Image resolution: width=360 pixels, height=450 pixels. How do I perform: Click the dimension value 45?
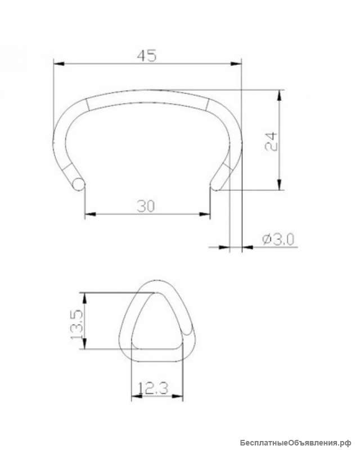point(147,56)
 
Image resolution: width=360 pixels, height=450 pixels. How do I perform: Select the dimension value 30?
point(146,206)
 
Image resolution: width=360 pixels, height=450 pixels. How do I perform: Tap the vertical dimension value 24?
point(271,142)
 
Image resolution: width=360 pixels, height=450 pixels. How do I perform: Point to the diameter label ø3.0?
point(278,240)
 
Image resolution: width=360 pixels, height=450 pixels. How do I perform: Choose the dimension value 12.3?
point(153,388)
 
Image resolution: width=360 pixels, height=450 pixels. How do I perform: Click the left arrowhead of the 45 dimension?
point(59,64)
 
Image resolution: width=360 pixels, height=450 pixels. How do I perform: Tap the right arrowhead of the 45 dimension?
point(236,64)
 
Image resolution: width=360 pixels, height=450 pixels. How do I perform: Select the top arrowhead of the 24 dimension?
point(279,95)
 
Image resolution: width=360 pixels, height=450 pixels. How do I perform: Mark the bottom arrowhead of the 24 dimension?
point(280,184)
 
